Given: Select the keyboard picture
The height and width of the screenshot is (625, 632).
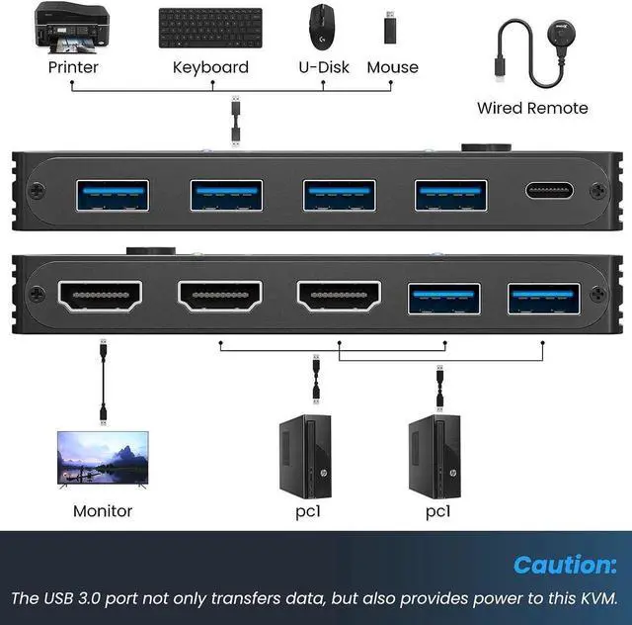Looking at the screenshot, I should point(210,27).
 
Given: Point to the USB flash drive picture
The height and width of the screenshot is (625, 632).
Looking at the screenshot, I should point(391,27).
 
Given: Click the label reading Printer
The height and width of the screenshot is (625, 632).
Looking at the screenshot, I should point(73,67).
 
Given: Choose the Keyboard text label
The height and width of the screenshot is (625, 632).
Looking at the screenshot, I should point(210,67).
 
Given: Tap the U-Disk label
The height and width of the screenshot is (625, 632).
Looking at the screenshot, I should point(324,67).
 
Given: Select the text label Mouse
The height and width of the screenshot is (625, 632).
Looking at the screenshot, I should point(392,67).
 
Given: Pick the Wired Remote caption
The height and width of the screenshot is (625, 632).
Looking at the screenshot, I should point(532,108).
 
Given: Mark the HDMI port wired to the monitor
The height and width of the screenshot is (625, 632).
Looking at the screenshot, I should point(101,295).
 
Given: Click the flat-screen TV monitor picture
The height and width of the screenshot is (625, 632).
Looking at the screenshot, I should point(104,459).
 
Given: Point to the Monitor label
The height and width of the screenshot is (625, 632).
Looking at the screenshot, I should point(103,511).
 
